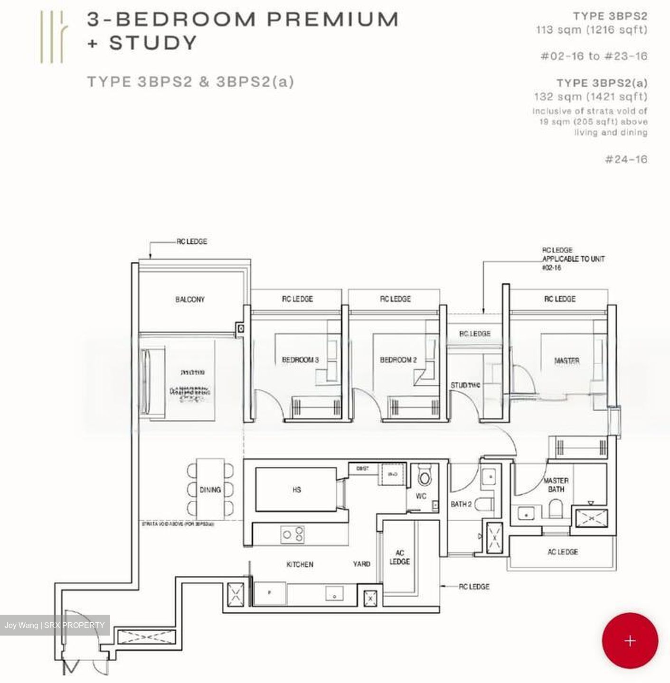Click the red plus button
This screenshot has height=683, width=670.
click(x=630, y=641)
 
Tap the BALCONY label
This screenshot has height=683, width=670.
click(x=190, y=299)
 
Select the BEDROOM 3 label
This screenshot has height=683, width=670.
click(x=300, y=360)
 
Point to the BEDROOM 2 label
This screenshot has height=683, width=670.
click(x=398, y=360)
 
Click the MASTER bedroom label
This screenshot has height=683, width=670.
click(x=566, y=361)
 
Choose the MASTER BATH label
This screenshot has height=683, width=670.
click(x=556, y=485)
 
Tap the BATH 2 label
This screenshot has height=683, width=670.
click(x=461, y=504)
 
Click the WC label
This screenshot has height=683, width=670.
click(x=421, y=496)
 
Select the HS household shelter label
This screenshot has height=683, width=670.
click(x=297, y=489)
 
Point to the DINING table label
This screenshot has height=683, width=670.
click(x=210, y=489)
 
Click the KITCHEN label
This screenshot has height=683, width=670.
click(x=300, y=564)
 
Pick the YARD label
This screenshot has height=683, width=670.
click(x=361, y=564)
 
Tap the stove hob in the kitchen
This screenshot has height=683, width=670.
click(x=293, y=535)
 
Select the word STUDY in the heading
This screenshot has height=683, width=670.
click(x=153, y=43)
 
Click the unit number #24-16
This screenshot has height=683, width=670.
click(x=626, y=159)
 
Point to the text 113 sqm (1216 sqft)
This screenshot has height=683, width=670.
click(x=592, y=30)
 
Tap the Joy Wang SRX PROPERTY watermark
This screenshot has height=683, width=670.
click(x=55, y=625)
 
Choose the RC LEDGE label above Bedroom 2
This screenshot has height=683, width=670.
click(x=395, y=299)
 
